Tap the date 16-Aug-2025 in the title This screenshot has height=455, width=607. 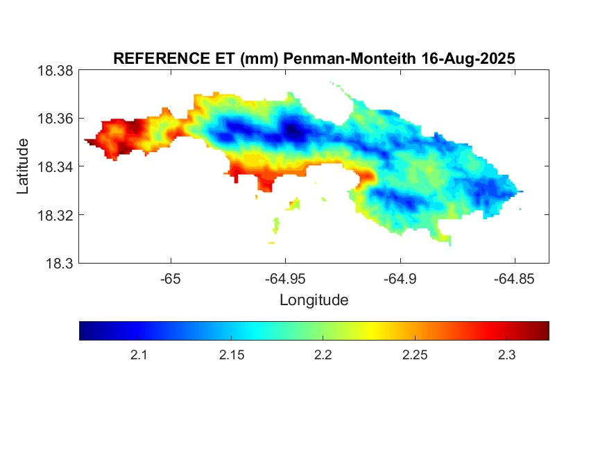point(468,59)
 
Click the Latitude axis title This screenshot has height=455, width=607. point(23,166)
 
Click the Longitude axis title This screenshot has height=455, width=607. point(314,300)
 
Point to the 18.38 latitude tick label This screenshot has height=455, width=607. point(55,71)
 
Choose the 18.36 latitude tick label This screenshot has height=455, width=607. point(55,119)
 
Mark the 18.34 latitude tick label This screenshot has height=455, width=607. point(55,166)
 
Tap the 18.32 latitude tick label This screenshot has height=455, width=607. point(55,215)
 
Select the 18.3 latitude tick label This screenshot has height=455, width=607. point(58,263)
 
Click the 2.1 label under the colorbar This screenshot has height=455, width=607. point(139,355)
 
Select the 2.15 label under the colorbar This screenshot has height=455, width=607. point(230,355)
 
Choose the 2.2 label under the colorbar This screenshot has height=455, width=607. point(323,355)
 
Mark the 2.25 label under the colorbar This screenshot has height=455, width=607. point(414,355)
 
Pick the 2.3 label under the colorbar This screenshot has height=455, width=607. point(506,355)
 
